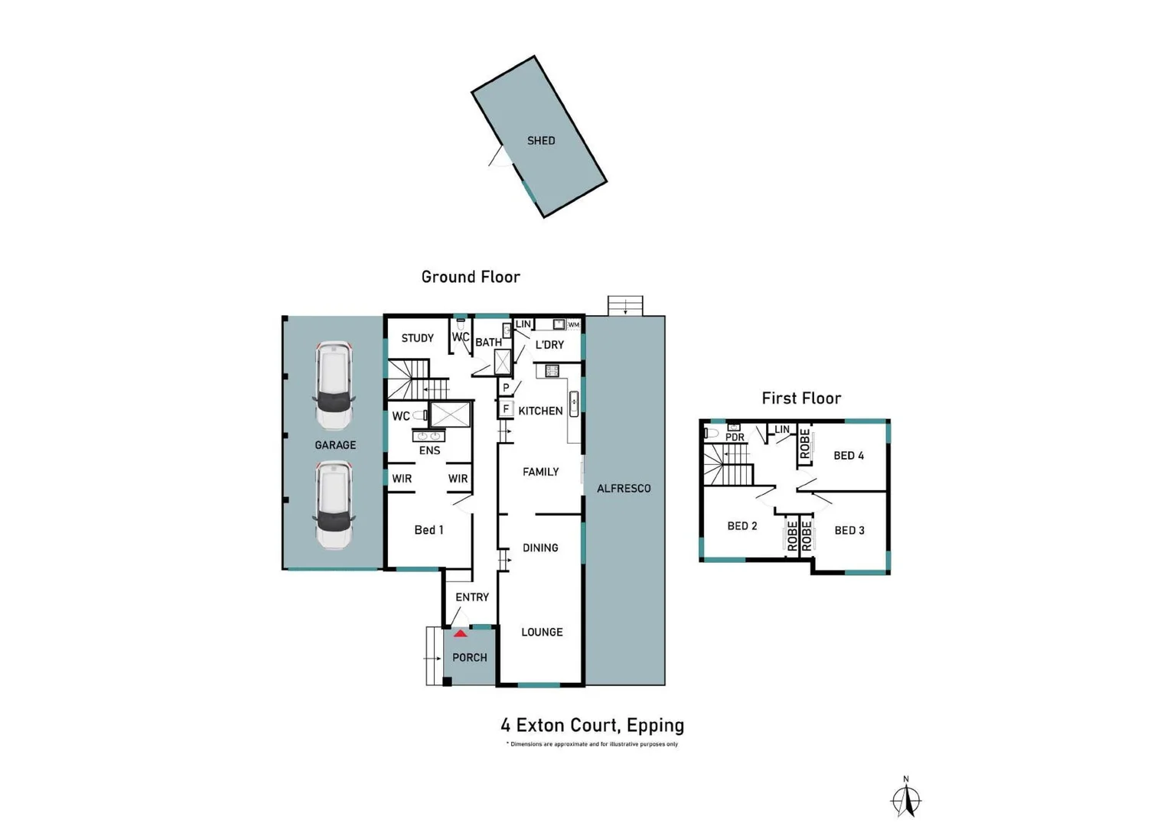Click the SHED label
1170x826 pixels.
coord(541,141)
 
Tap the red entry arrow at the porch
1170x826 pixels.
coord(460,633)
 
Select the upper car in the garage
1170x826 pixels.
coord(334,385)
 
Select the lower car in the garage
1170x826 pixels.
coord(334,505)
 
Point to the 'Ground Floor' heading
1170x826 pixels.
coord(471,277)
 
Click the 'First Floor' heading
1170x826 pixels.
coord(801,398)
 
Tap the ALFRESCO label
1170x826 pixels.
coord(624,488)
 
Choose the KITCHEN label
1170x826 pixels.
coord(540,411)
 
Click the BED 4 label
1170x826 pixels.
coord(849,456)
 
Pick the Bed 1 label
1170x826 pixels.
coord(429,530)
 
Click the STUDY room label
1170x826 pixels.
coord(417,338)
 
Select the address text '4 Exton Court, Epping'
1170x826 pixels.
coord(592,725)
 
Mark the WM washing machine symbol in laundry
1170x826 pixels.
coord(573,325)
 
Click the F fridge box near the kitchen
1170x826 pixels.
coord(506,409)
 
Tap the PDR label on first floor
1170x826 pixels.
coord(735,437)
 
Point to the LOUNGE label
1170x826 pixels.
coord(542,632)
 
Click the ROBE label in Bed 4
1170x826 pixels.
coord(805,444)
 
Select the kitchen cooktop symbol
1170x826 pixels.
coord(552,371)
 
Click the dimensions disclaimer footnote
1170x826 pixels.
coord(592,744)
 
